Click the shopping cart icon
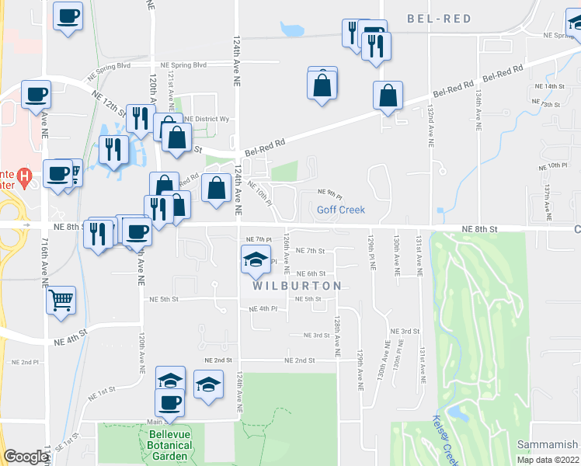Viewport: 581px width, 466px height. [61, 299]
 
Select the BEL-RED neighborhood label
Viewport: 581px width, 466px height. [440, 19]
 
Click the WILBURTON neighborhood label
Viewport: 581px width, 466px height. [297, 286]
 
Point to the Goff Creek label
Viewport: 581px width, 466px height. [340, 210]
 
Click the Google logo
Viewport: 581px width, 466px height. [26, 457]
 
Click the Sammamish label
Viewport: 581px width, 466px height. [548, 444]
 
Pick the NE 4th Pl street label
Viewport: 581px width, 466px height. [263, 309]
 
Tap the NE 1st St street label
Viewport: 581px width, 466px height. [102, 392]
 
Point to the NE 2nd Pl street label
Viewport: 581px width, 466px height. [26, 363]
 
